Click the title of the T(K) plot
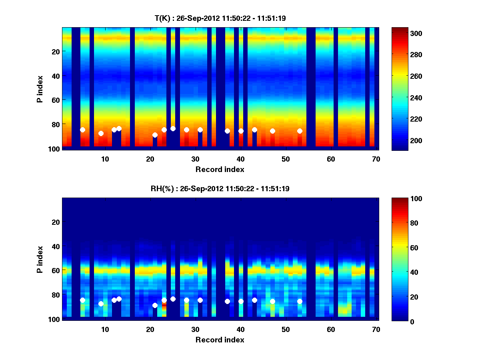[220, 18]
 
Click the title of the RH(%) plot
[220, 188]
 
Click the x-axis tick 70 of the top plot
[376, 159]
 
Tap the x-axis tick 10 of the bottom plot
[105, 329]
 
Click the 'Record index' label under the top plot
[220, 169]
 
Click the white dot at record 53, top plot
[300, 131]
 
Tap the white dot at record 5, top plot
[82, 130]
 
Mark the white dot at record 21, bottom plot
[155, 305]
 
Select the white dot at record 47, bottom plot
[272, 301]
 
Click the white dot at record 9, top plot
[101, 133]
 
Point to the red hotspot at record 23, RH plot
[164, 305]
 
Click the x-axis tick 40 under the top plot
[240, 159]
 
